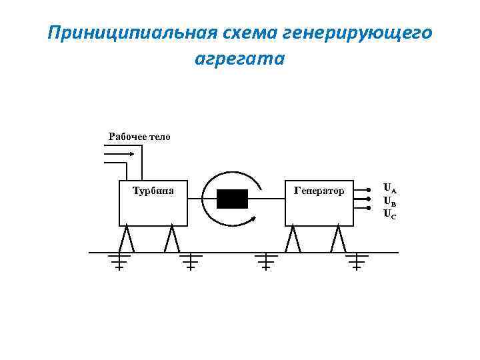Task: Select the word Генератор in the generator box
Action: (319, 191)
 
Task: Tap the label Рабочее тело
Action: (139, 137)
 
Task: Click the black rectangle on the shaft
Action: (232, 199)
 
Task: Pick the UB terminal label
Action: (390, 201)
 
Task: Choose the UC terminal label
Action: (390, 213)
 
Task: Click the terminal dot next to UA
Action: (368, 189)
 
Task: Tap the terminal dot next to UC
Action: (368, 209)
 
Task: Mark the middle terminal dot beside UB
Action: (368, 199)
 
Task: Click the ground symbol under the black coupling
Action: (266, 261)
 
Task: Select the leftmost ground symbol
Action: (119, 261)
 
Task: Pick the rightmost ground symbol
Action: (356, 261)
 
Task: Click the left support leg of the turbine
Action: (127, 239)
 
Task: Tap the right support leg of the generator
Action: (339, 239)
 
